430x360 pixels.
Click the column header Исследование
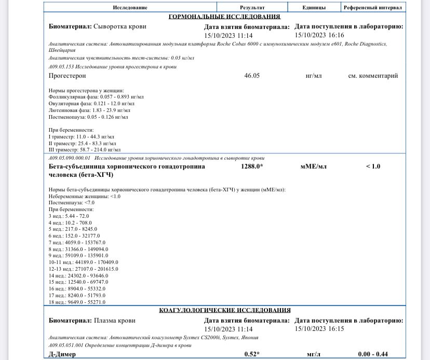click(x=130, y=7)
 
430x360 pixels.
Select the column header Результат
click(x=252, y=7)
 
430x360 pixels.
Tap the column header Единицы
click(x=314, y=7)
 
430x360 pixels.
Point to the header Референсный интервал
click(x=373, y=7)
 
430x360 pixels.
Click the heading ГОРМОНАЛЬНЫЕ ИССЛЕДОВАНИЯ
click(x=224, y=17)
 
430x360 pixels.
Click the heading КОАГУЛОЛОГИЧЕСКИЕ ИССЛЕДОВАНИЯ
click(x=224, y=310)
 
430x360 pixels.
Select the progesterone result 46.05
click(x=252, y=76)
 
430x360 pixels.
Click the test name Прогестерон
click(x=67, y=76)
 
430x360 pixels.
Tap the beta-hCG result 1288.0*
click(x=252, y=167)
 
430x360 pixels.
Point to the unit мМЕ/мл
click(x=314, y=167)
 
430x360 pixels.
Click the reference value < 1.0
click(x=373, y=167)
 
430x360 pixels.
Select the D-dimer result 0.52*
click(x=252, y=354)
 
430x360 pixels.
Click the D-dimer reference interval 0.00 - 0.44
click(x=373, y=354)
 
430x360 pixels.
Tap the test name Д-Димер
click(x=62, y=354)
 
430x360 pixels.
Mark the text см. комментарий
click(x=373, y=76)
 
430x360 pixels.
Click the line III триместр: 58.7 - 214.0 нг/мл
click(x=85, y=149)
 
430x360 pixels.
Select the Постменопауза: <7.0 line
click(x=72, y=203)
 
